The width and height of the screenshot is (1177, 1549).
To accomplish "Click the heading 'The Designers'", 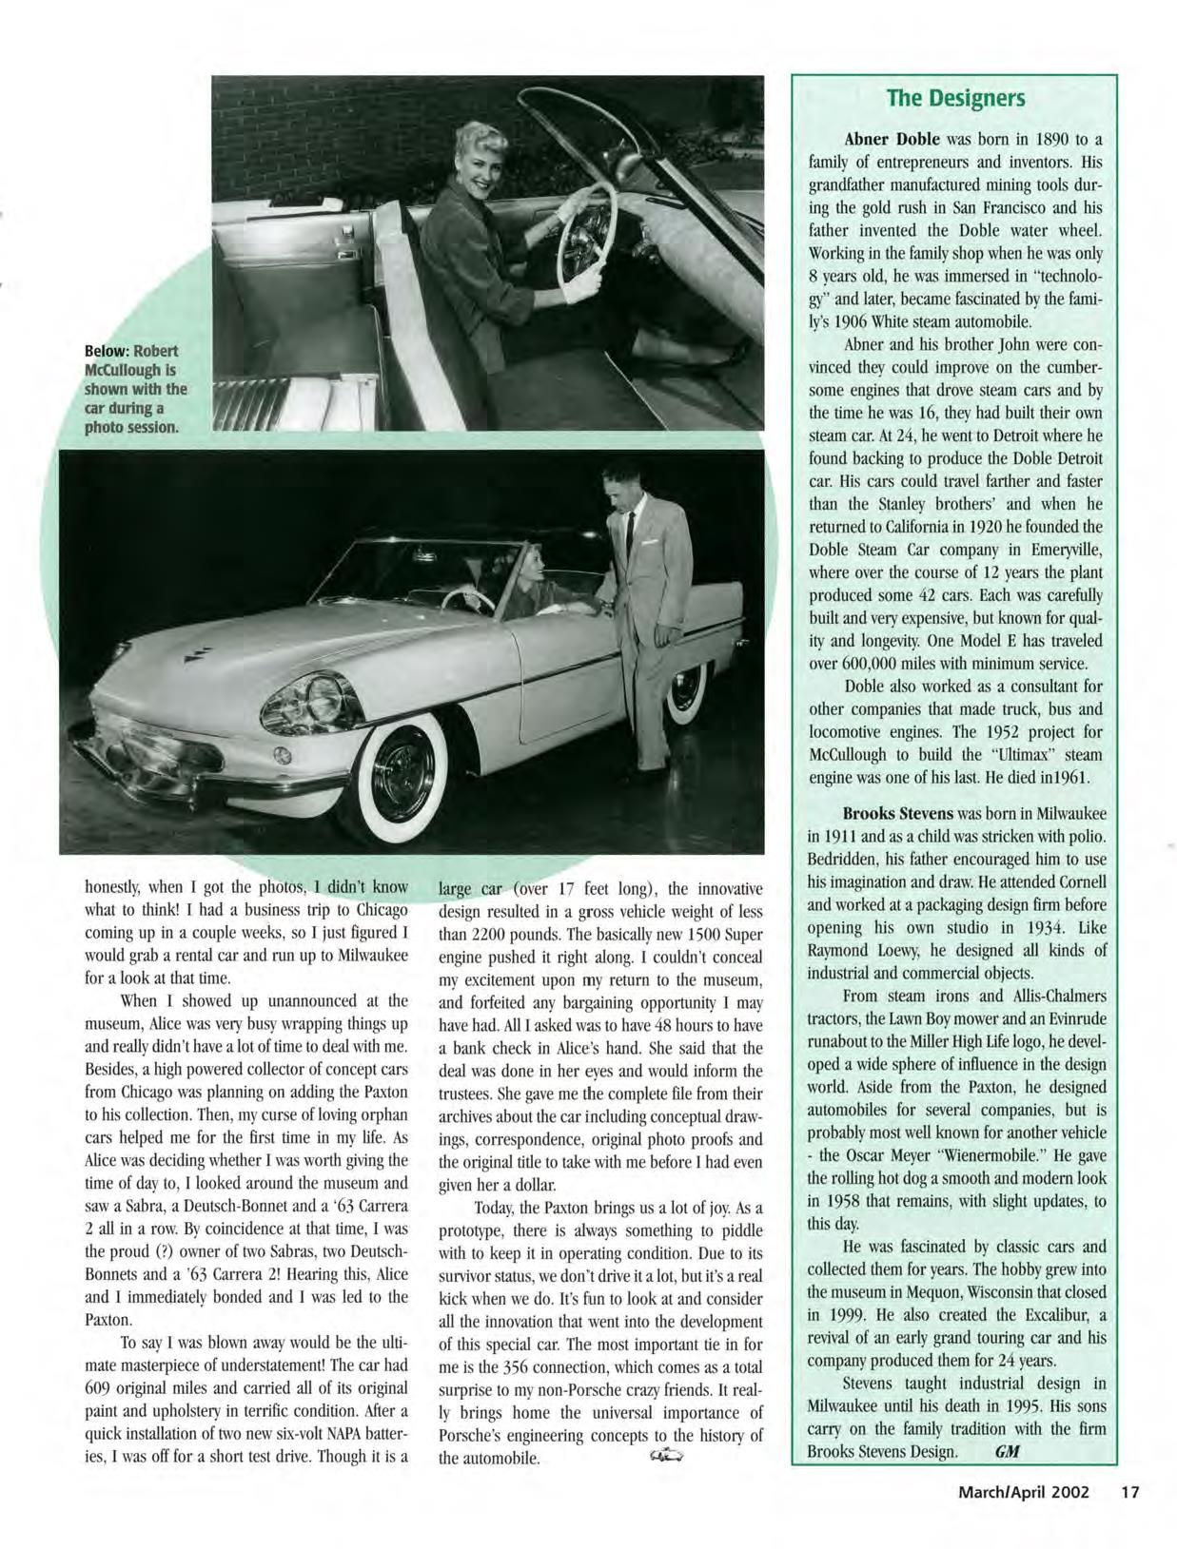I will click(954, 98).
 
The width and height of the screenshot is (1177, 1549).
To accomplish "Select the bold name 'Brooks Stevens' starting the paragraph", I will click(897, 814).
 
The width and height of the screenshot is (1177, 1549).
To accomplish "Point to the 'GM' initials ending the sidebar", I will click(1005, 1452).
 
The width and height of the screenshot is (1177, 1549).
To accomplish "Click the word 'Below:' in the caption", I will click(108, 352).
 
